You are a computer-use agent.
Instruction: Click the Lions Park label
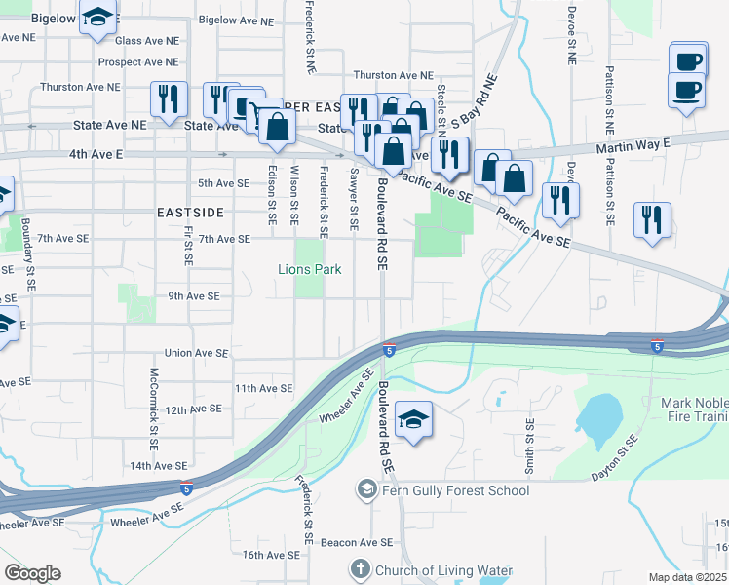[x=310, y=269]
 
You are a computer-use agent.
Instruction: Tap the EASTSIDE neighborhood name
[x=189, y=212]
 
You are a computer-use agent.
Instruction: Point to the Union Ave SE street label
[x=197, y=353]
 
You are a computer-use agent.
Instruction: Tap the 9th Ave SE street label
[x=193, y=295]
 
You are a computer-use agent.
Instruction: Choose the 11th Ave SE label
[x=263, y=388]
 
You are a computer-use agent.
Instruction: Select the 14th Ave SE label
[x=157, y=466]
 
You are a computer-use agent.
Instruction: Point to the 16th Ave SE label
[x=269, y=555]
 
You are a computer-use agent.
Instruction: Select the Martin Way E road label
[x=633, y=144]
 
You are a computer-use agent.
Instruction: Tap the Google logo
[x=32, y=573]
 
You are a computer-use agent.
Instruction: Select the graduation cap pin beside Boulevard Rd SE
[x=414, y=421]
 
